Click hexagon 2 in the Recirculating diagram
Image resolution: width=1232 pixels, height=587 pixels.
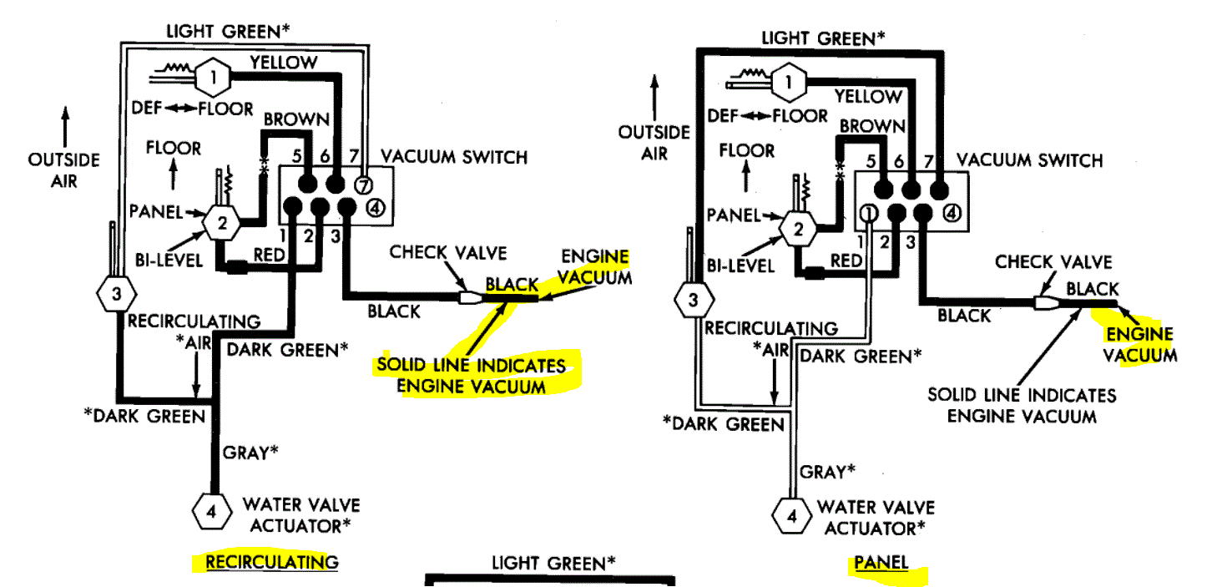click(222, 223)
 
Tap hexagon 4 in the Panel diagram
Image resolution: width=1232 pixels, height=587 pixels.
click(791, 516)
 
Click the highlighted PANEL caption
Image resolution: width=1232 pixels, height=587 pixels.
click(881, 563)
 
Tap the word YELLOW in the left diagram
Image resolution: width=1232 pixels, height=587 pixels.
click(283, 63)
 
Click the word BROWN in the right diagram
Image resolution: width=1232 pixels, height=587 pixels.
click(871, 126)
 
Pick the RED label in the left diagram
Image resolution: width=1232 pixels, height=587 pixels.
click(270, 255)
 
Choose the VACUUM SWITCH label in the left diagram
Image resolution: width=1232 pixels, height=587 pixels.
click(454, 157)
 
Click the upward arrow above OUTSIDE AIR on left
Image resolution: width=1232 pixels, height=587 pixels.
click(64, 125)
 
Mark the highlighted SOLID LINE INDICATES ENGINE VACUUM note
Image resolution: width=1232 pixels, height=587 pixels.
click(471, 376)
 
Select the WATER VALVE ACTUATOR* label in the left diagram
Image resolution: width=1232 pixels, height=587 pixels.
click(300, 515)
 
